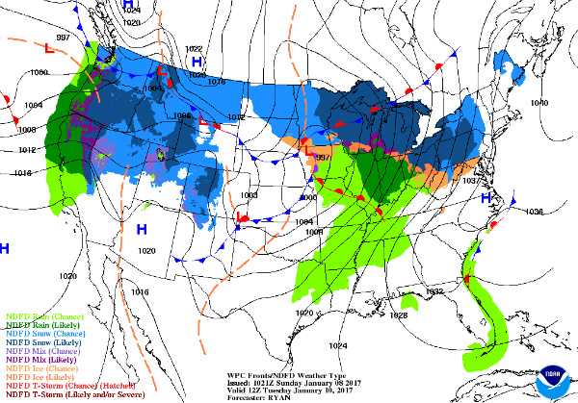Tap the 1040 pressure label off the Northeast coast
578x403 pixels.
(539, 102)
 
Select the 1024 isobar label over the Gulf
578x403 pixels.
(337, 345)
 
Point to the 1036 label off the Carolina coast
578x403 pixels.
(534, 211)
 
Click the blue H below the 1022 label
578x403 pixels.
(197, 63)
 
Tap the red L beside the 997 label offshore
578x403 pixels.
(49, 45)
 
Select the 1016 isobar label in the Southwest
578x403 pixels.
(141, 291)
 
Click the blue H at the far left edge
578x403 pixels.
(5, 248)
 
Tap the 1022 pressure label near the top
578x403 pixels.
(194, 48)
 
